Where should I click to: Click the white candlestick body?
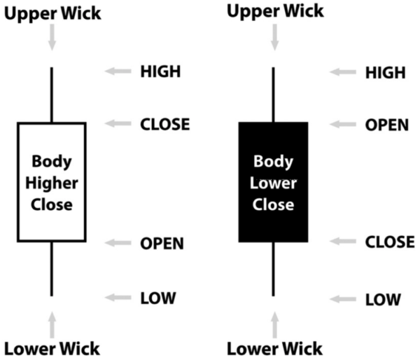click(52, 183)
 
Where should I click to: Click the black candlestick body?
click(274, 182)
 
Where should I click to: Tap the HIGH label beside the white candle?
click(160, 71)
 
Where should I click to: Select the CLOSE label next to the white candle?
click(164, 125)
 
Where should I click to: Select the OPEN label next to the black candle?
click(386, 125)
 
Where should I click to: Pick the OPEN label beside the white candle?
click(162, 244)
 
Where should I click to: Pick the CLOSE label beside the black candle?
click(389, 242)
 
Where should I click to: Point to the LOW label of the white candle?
click(157, 298)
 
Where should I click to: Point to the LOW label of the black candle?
click(383, 299)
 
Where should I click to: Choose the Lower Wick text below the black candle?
click(274, 347)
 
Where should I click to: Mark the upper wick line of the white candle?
click(52, 95)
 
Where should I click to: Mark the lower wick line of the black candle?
click(274, 269)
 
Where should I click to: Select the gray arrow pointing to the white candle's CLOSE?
click(119, 125)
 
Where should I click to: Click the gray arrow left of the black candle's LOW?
click(343, 299)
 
